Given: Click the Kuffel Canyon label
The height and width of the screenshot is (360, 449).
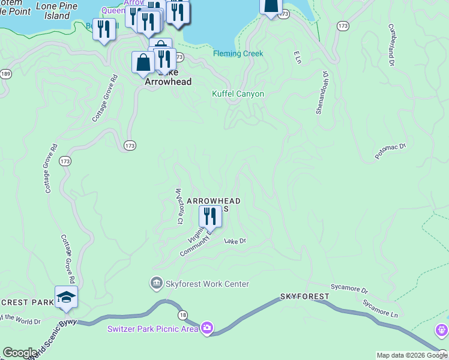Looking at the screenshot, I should click(x=238, y=94).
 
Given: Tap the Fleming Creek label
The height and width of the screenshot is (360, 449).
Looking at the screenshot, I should click(x=238, y=54).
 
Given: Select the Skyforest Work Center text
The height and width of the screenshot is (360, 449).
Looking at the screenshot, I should click(x=207, y=284).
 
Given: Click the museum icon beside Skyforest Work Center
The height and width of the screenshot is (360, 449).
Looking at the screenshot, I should click(x=157, y=283).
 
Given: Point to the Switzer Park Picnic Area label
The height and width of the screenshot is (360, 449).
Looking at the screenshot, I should click(x=152, y=328).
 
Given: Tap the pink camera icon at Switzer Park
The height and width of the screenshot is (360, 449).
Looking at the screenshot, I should click(x=207, y=328).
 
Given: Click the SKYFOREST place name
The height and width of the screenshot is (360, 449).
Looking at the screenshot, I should click(x=304, y=297).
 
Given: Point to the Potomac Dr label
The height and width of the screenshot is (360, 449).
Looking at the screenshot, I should click(x=391, y=151).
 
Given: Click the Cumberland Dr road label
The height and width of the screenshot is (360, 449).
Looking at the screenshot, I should click(x=391, y=44).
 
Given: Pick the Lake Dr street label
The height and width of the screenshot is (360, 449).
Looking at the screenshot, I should click(x=235, y=241).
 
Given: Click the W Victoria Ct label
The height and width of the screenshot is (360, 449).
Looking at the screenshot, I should click(x=178, y=207).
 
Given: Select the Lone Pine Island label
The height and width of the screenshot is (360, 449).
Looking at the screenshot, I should click(x=57, y=11).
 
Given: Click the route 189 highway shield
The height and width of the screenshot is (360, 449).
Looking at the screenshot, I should click(x=5, y=74).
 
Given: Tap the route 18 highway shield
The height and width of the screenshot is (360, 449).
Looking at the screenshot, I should click(x=181, y=315).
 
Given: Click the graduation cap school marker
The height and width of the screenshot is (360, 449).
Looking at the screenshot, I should click(x=66, y=297).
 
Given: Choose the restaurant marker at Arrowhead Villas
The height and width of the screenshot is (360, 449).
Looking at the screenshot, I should click(x=210, y=217).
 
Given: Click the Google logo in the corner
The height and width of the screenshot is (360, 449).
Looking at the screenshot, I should click(x=20, y=353).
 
